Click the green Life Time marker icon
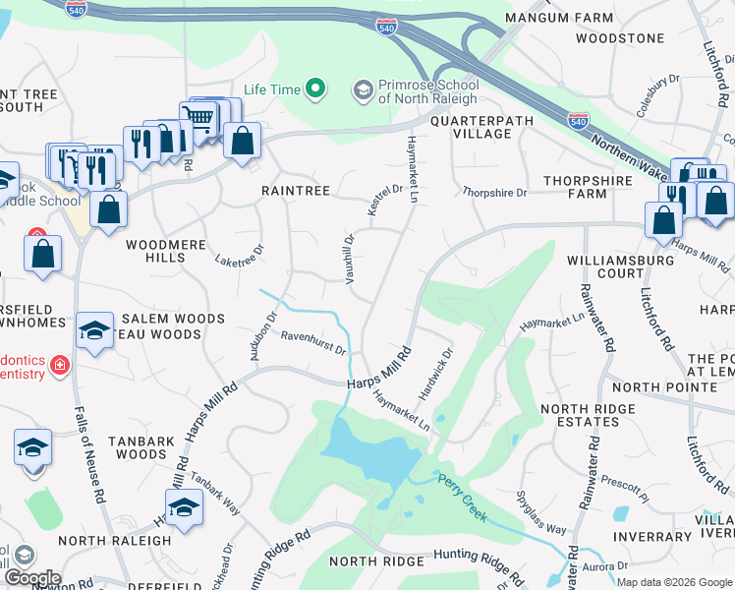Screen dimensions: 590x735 (315, 89)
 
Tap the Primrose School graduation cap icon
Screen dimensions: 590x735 (363, 89)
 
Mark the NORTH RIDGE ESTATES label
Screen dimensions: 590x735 (585, 416)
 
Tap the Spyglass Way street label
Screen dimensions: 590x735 (541, 516)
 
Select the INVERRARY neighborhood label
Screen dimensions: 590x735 (651, 537)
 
